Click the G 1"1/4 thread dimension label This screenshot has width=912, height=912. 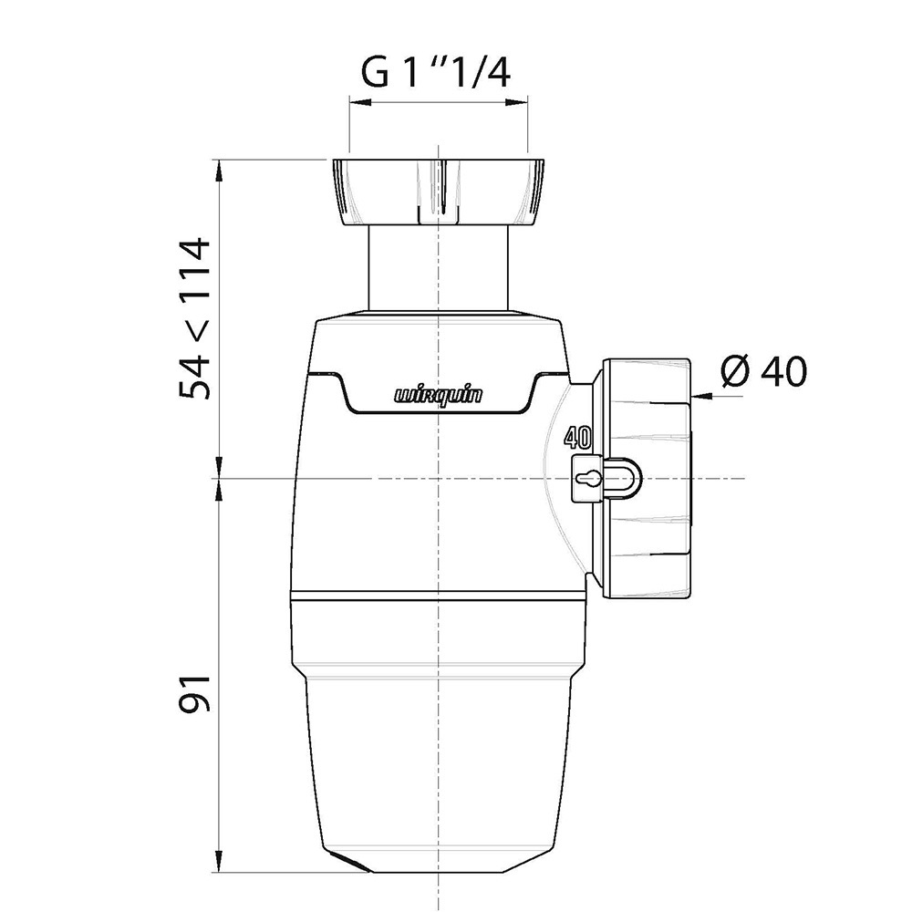click(436, 73)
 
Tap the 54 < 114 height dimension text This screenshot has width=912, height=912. click(193, 318)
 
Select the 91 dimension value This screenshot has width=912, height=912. click(193, 693)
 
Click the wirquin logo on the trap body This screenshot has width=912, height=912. click(439, 396)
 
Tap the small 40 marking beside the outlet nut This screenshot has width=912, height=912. click(579, 438)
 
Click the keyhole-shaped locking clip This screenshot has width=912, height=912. click(605, 479)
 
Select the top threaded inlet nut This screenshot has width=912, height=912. click(439, 192)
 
